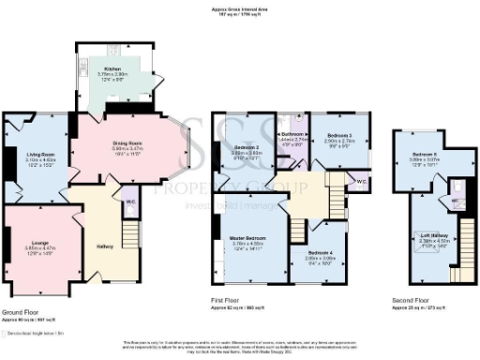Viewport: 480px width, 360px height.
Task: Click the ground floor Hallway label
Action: (105, 247)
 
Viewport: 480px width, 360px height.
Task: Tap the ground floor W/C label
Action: (130, 198)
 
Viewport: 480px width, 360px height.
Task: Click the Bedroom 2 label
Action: (247, 148)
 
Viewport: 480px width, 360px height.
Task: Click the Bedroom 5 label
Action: (424, 156)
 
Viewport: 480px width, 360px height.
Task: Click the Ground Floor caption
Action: (19, 311)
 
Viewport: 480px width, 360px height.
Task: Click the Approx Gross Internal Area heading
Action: (240, 10)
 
